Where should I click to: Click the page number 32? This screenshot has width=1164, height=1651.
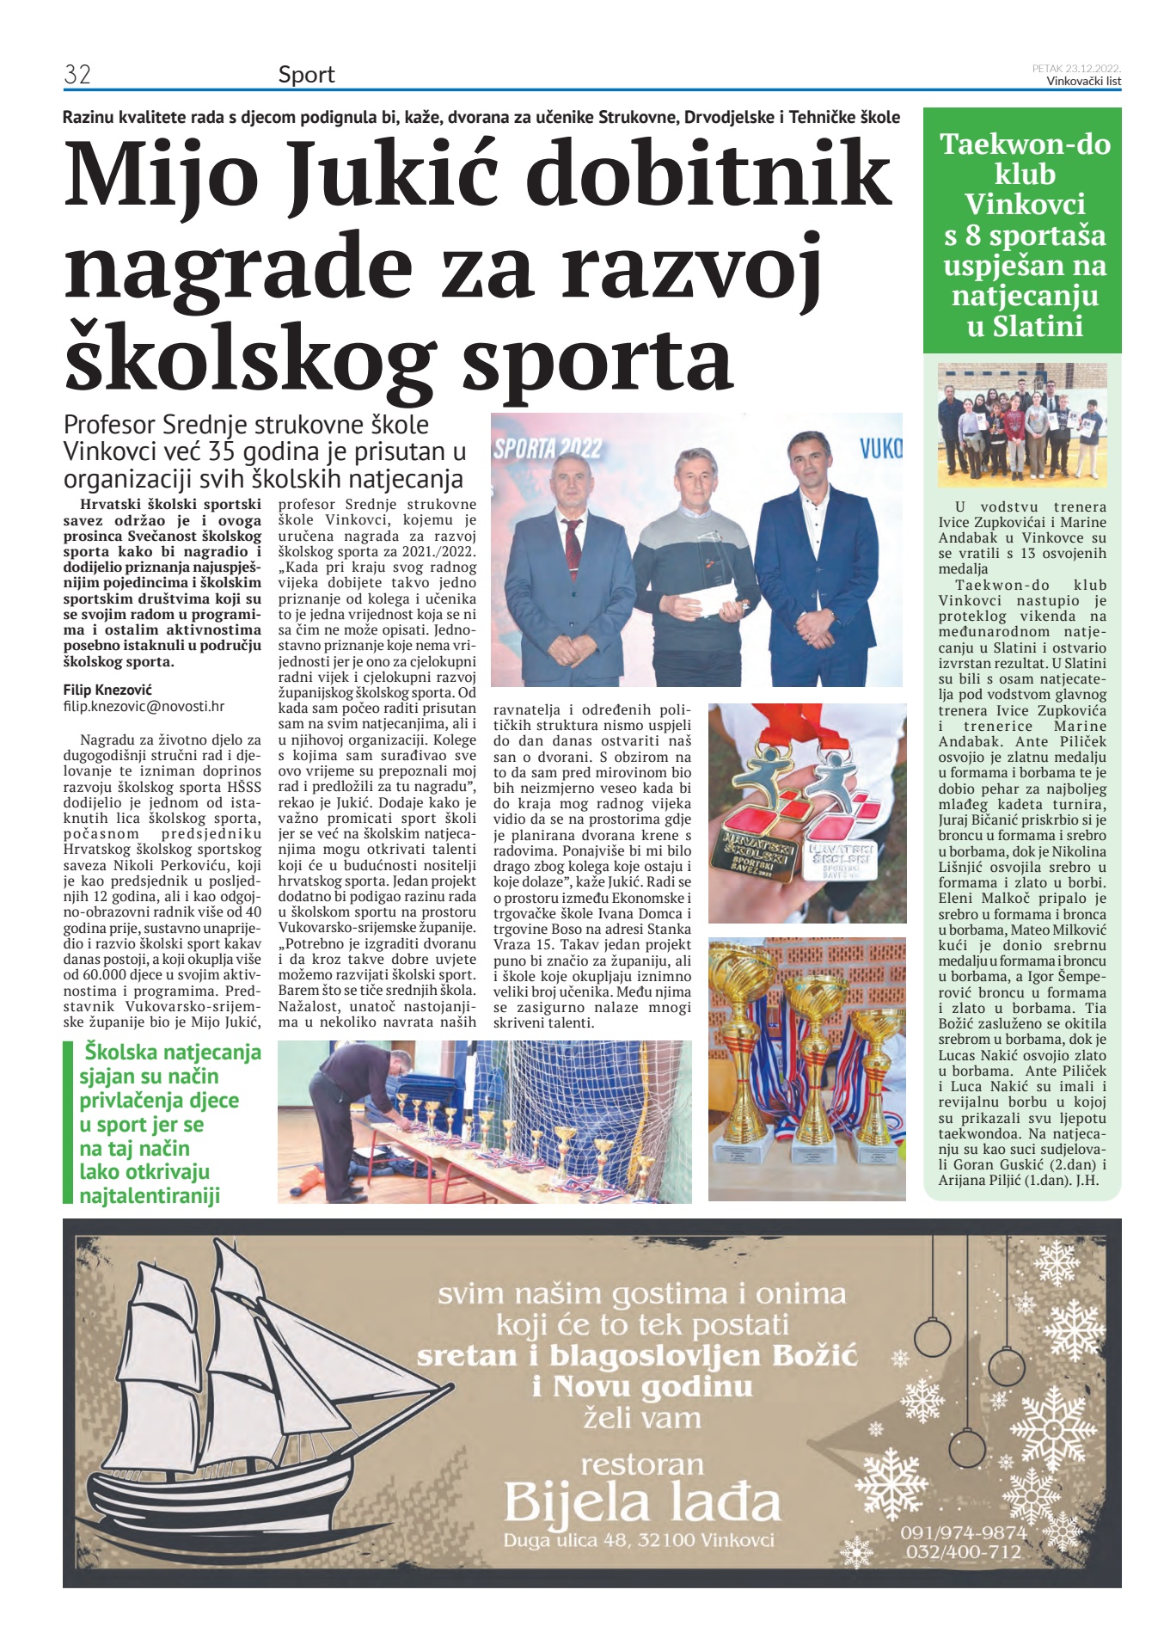pos(77,75)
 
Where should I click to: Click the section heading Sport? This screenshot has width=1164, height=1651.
pos(306,76)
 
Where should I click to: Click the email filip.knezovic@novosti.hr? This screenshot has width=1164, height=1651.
pos(144,706)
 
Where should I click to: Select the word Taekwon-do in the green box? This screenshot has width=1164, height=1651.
pos(1024,144)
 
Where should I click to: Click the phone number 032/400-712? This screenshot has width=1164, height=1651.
pos(964,1551)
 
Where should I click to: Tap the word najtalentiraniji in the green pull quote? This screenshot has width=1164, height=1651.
pos(150,1195)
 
